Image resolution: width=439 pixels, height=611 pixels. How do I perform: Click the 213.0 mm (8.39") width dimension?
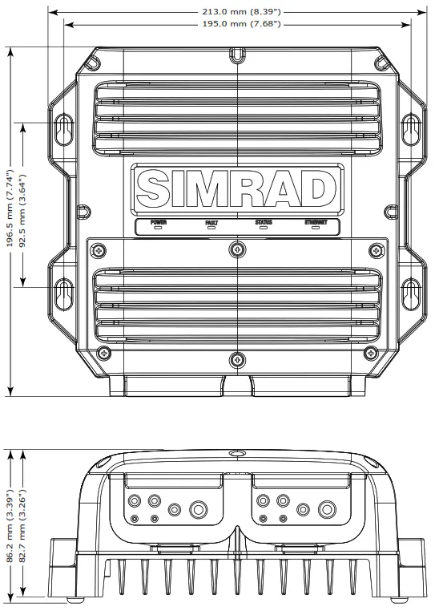pos(238,12)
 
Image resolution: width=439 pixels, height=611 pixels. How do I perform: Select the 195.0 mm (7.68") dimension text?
pos(238,25)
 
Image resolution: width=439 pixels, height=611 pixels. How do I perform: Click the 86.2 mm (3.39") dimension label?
pos(10,521)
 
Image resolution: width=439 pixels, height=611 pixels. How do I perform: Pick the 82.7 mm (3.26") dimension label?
pos(24,521)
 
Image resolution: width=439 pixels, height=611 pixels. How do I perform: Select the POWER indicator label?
pos(158,221)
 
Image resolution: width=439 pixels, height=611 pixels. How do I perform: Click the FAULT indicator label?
pos(211,221)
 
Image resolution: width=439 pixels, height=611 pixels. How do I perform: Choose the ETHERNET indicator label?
pos(316,221)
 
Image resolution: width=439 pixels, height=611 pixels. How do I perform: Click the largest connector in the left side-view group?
pos(198,509)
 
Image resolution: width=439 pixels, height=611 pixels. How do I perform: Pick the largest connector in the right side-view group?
pos(326,509)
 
